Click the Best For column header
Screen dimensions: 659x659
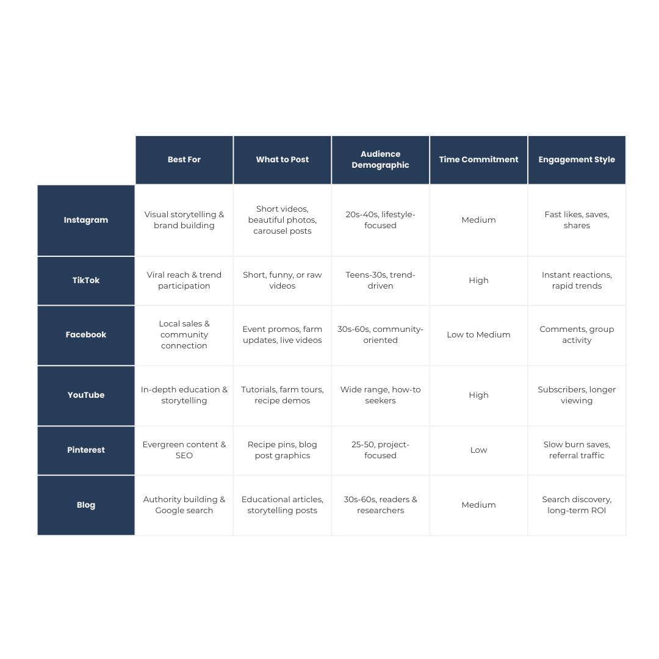(x=184, y=160)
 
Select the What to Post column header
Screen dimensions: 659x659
(x=283, y=160)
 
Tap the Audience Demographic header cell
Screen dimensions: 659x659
(x=381, y=160)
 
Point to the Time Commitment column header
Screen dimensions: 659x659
(x=479, y=160)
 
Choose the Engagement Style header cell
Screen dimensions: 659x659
(x=577, y=160)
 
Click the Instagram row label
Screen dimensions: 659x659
(x=86, y=220)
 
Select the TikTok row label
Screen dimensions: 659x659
(x=86, y=281)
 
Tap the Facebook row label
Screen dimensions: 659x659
(x=86, y=335)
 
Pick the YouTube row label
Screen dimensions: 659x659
(x=86, y=395)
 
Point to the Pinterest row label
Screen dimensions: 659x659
(x=86, y=450)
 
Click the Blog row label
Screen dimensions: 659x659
(x=86, y=505)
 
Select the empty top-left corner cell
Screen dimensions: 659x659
(x=86, y=160)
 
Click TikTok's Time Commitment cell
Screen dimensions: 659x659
(x=479, y=281)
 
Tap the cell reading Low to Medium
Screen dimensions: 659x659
(x=479, y=335)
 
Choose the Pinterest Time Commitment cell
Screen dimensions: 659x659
(x=479, y=450)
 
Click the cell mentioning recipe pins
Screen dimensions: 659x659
(x=283, y=450)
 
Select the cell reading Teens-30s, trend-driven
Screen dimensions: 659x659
(x=381, y=281)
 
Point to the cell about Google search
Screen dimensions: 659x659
(x=184, y=505)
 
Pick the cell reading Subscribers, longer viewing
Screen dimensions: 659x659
(x=577, y=395)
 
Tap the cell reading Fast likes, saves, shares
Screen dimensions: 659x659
(x=577, y=220)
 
